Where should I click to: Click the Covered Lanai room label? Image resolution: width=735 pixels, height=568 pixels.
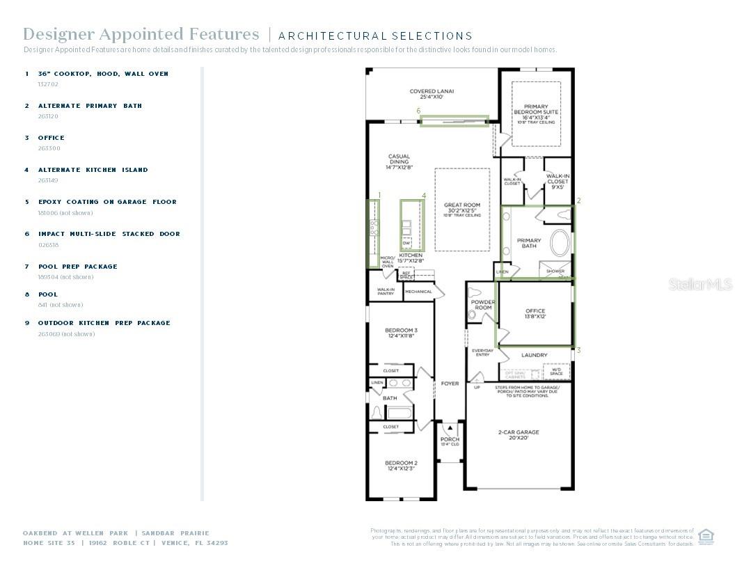point(432,94)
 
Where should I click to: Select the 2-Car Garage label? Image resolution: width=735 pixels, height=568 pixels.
point(519,435)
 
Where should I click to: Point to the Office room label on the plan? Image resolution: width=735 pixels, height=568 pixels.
point(535,313)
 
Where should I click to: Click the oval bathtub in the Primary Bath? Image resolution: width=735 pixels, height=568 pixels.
point(559,244)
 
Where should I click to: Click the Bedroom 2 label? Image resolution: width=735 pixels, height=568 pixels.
point(401,465)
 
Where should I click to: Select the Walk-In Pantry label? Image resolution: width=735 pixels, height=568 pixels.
point(386,292)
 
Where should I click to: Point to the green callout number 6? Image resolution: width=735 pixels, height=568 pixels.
point(418,111)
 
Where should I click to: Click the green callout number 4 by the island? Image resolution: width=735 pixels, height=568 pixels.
point(423,196)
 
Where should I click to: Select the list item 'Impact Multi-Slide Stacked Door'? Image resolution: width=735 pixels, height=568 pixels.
point(109,234)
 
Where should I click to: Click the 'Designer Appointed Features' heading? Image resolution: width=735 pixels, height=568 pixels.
point(141,34)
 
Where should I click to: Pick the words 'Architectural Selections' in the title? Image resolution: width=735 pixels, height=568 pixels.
point(375,35)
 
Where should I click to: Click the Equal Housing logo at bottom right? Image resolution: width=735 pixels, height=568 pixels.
point(706,537)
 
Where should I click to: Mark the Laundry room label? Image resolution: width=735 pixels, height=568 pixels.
point(535,355)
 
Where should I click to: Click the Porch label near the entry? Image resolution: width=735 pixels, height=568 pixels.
point(450,441)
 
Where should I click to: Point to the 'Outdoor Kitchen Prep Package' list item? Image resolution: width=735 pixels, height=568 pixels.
point(104,323)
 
